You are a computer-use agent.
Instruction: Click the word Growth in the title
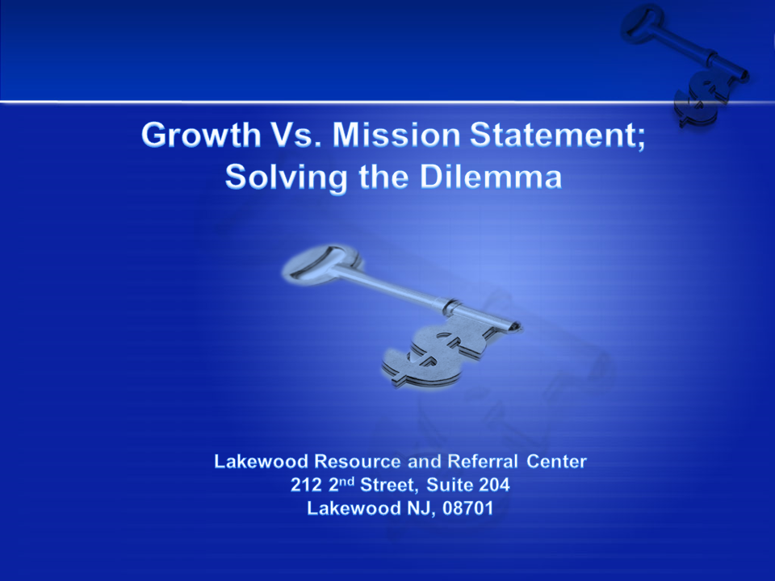[201, 135]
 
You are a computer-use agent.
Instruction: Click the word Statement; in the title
[558, 135]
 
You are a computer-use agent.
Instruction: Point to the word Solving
[286, 177]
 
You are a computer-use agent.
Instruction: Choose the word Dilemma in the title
[491, 176]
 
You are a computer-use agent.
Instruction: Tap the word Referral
[483, 461]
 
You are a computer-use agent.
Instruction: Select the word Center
[556, 461]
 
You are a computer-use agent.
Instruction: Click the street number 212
[307, 485]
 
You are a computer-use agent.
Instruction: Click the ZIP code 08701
[467, 508]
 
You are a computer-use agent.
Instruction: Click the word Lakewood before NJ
[354, 508]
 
